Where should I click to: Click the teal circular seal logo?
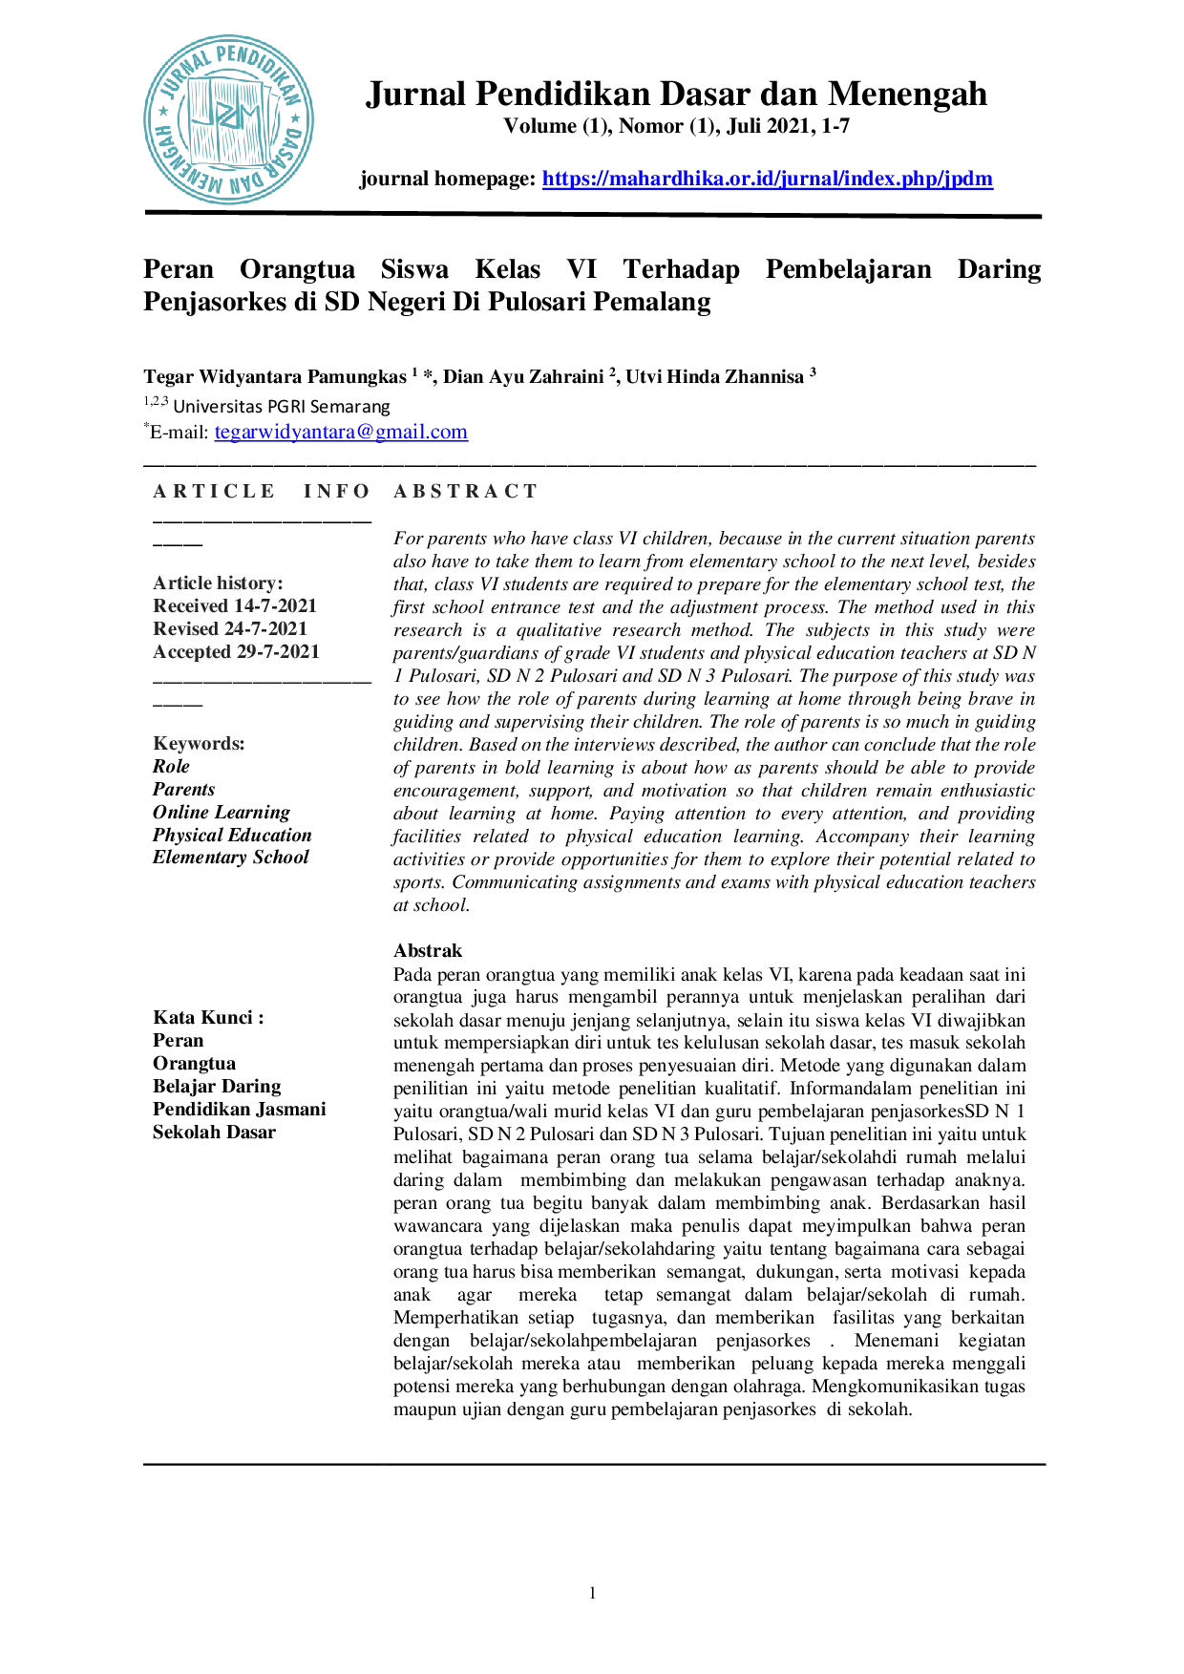point(229,119)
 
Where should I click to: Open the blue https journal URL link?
point(769,179)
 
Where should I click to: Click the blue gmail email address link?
point(342,433)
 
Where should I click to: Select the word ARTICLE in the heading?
point(214,491)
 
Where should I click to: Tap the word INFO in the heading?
point(337,491)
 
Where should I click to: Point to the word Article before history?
point(184,583)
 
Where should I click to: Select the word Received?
point(190,605)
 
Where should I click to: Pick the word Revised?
point(185,628)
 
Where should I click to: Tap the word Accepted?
point(192,651)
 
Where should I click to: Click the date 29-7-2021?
point(278,651)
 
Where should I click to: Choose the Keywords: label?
point(199,743)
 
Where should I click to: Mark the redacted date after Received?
point(277,606)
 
